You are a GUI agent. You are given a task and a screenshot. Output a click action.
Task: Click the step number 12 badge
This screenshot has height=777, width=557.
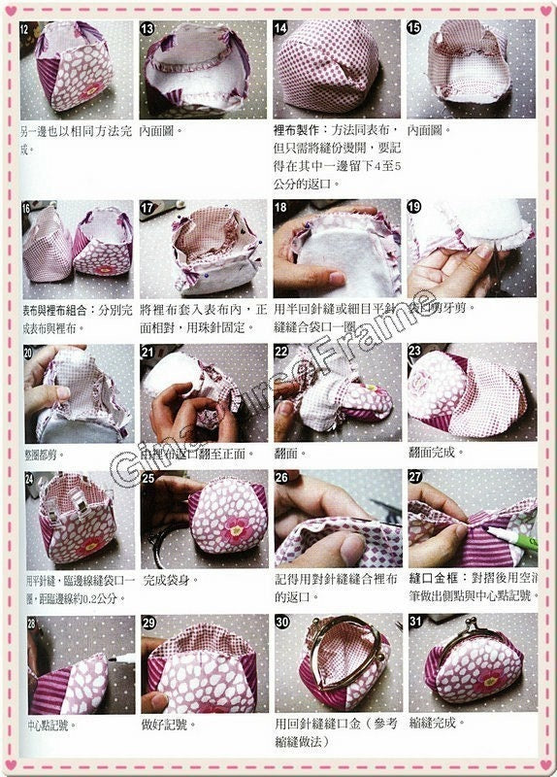click(x=24, y=29)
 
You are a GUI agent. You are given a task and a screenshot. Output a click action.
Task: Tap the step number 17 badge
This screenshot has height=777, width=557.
click(x=148, y=208)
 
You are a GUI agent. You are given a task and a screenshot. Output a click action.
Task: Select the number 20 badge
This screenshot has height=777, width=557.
click(x=29, y=353)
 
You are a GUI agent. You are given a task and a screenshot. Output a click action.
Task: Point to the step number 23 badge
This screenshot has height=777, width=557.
click(x=415, y=353)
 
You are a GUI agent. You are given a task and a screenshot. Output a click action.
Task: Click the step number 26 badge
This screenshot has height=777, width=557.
click(x=281, y=478)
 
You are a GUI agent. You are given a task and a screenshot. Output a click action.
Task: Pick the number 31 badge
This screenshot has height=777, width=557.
click(x=416, y=623)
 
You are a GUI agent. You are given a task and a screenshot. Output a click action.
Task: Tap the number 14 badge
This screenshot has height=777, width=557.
click(x=281, y=29)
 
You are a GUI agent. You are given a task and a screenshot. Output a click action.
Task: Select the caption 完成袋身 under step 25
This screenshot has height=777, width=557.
click(x=167, y=580)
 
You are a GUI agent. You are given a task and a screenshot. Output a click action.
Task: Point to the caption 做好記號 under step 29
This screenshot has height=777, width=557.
click(x=167, y=724)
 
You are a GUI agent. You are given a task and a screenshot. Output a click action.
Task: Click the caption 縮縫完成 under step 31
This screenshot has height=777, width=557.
click(x=437, y=724)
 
